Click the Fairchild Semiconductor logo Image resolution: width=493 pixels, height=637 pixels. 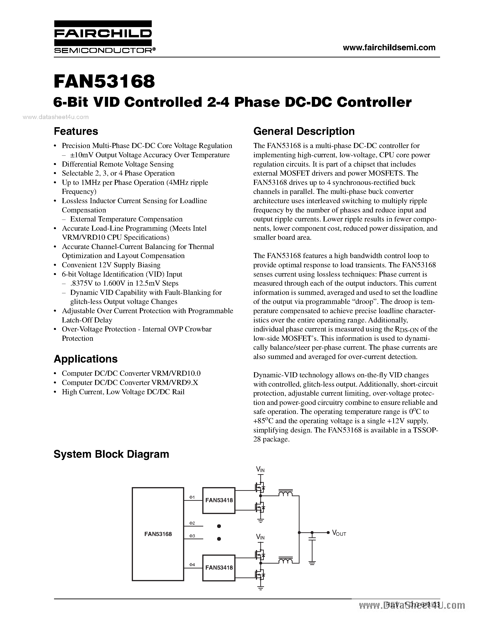click(x=103, y=37)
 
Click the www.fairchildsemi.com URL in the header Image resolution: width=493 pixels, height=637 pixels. click(x=389, y=47)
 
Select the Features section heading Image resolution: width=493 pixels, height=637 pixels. click(x=76, y=131)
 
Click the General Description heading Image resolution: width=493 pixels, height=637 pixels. click(x=304, y=131)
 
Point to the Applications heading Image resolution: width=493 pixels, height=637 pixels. click(x=86, y=359)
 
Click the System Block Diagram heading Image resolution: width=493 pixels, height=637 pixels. click(x=111, y=454)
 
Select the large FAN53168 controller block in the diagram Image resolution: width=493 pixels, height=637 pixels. click(x=158, y=534)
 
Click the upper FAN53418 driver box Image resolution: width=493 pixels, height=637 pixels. click(x=219, y=500)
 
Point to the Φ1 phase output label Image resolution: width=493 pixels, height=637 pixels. click(x=192, y=497)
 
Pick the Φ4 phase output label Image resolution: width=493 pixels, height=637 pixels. click(x=192, y=565)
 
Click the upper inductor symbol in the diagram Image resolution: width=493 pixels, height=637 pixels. click(x=285, y=493)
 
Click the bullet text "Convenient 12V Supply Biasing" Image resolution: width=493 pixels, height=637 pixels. click(x=111, y=265)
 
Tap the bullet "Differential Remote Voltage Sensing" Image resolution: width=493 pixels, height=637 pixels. click(x=118, y=164)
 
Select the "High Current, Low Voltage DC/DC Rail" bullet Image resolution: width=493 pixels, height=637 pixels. click(x=123, y=392)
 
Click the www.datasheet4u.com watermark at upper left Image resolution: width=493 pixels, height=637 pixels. click(x=55, y=117)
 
